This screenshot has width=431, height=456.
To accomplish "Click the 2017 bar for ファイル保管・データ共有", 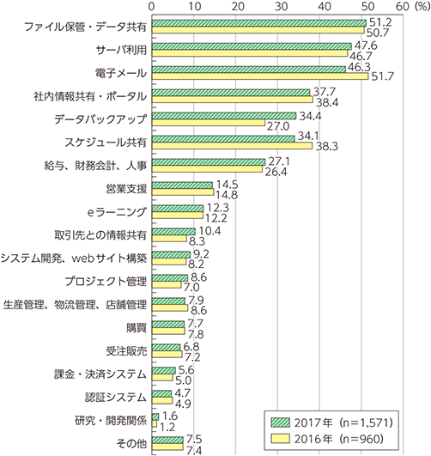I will coord(259,24).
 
